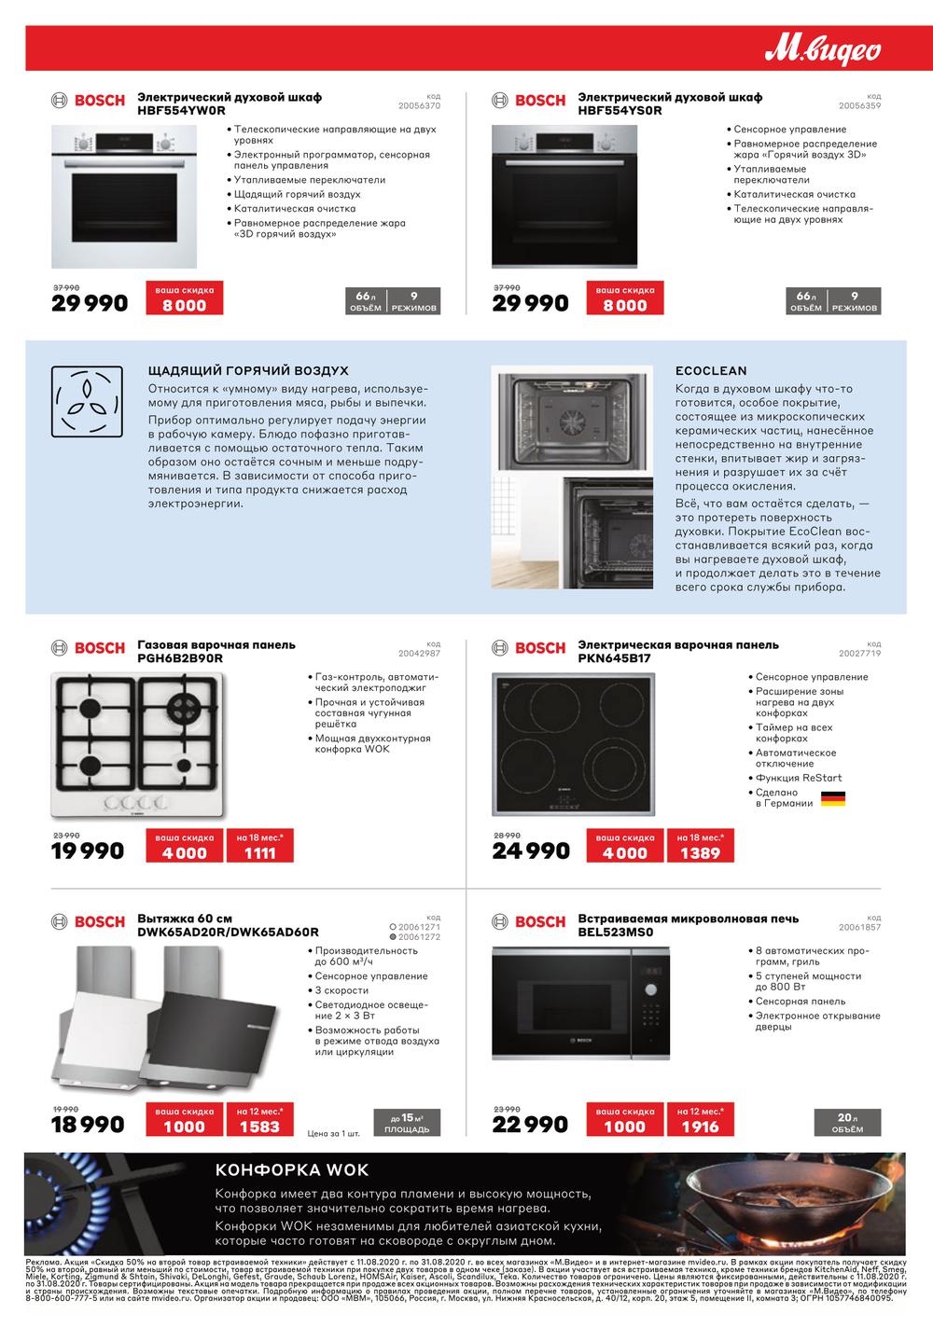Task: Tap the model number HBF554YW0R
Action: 181,110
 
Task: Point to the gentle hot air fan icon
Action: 86,403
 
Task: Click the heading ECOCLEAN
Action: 711,370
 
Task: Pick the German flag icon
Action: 832,799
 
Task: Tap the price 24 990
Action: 530,850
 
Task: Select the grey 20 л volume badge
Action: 846,1123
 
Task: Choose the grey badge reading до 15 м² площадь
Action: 407,1123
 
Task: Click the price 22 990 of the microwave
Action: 530,1125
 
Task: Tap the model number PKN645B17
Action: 616,657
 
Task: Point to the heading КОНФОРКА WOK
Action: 292,1170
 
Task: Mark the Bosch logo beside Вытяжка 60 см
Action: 88,921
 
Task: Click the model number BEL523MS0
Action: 616,932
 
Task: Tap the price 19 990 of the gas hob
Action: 89,850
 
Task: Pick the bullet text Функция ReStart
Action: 798,778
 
